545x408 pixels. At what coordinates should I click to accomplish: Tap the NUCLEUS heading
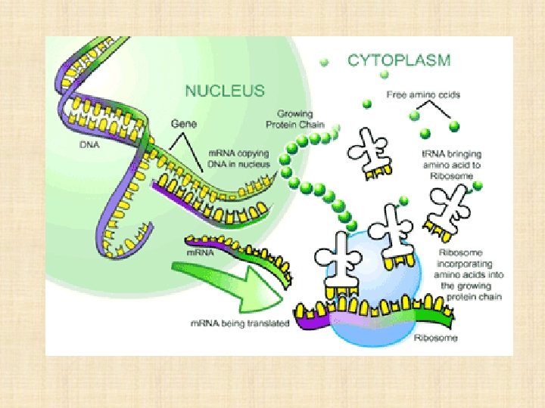coord(225,91)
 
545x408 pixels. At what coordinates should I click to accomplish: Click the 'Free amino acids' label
coord(423,94)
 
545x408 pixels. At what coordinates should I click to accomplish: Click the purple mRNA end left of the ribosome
coord(307,320)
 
